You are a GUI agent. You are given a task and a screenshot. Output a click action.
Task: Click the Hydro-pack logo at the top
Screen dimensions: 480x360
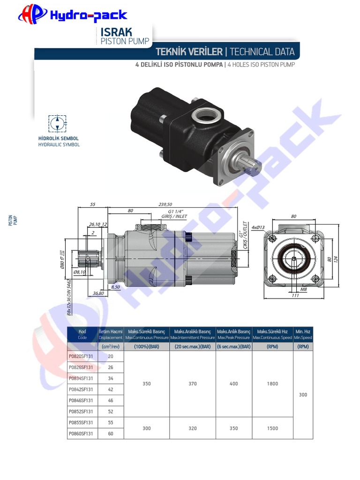pyautogui.click(x=73, y=15)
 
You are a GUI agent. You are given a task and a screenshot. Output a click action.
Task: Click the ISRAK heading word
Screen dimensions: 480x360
pyautogui.click(x=116, y=32)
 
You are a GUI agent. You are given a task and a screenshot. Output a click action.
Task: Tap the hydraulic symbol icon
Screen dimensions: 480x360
pyautogui.click(x=58, y=123)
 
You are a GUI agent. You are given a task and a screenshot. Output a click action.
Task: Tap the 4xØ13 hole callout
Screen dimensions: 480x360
pyautogui.click(x=258, y=228)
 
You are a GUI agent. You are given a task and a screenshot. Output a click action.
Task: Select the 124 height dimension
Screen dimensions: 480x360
pyautogui.click(x=336, y=259)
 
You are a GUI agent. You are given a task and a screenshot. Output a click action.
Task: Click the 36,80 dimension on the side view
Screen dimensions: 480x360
pyautogui.click(x=98, y=293)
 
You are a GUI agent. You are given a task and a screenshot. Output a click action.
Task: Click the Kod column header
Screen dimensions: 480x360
pyautogui.click(x=82, y=334)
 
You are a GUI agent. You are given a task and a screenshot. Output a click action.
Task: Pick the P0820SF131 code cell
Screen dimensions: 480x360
pyautogui.click(x=81, y=356)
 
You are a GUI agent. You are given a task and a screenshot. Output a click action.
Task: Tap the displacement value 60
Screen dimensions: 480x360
pyautogui.click(x=111, y=434)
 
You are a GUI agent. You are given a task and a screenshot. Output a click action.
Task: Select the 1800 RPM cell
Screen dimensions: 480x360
pyautogui.click(x=272, y=384)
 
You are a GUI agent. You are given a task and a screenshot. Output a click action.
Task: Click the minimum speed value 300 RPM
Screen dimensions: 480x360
pyautogui.click(x=303, y=395)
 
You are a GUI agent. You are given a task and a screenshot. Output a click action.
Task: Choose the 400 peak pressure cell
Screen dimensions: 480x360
pyautogui.click(x=233, y=384)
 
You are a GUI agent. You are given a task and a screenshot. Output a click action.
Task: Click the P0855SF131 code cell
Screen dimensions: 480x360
pyautogui.click(x=81, y=422)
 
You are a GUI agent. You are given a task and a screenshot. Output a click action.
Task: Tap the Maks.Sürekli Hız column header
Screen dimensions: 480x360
pyautogui.click(x=272, y=334)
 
